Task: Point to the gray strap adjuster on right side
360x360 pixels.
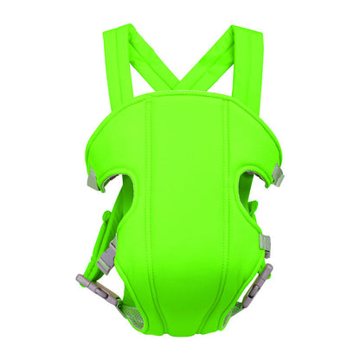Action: pos(265,244)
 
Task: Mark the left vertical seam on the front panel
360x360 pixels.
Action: pos(148,208)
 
